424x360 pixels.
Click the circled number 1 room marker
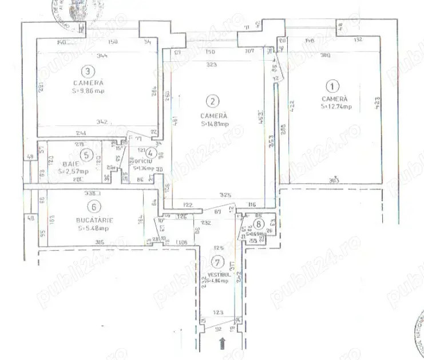pyautogui.click(x=331, y=87)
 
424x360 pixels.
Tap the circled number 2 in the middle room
pyautogui.click(x=213, y=102)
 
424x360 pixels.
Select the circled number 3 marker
pyautogui.click(x=87, y=72)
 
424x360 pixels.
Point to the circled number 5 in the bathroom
pyautogui.click(x=86, y=155)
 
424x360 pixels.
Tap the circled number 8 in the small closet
pyautogui.click(x=260, y=224)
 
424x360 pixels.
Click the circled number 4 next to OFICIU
pyautogui.click(x=150, y=152)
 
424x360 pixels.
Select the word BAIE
pyautogui.click(x=70, y=164)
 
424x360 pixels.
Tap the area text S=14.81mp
pyautogui.click(x=215, y=123)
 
